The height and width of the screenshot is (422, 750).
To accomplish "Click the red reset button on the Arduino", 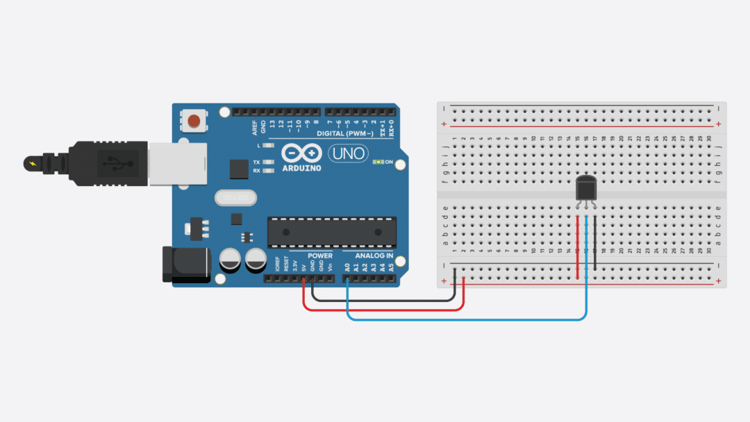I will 195,121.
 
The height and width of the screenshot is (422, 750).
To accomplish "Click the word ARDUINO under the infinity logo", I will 301,168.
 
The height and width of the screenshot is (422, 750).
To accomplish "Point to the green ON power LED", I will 378,162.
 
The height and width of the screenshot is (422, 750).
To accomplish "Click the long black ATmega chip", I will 332,231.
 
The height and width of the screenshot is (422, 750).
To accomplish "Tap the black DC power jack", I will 185,264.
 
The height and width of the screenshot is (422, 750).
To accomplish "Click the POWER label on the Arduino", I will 321,256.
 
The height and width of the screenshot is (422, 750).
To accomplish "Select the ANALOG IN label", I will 374,256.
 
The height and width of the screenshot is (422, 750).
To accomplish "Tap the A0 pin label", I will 347,267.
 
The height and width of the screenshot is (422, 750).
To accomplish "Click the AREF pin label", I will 255,126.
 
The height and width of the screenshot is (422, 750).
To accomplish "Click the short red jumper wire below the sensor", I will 578,246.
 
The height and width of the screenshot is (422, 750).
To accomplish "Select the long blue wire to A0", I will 465,320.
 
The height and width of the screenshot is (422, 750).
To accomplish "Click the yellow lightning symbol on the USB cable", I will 33,164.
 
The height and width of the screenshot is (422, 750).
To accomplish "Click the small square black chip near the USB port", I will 239,169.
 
